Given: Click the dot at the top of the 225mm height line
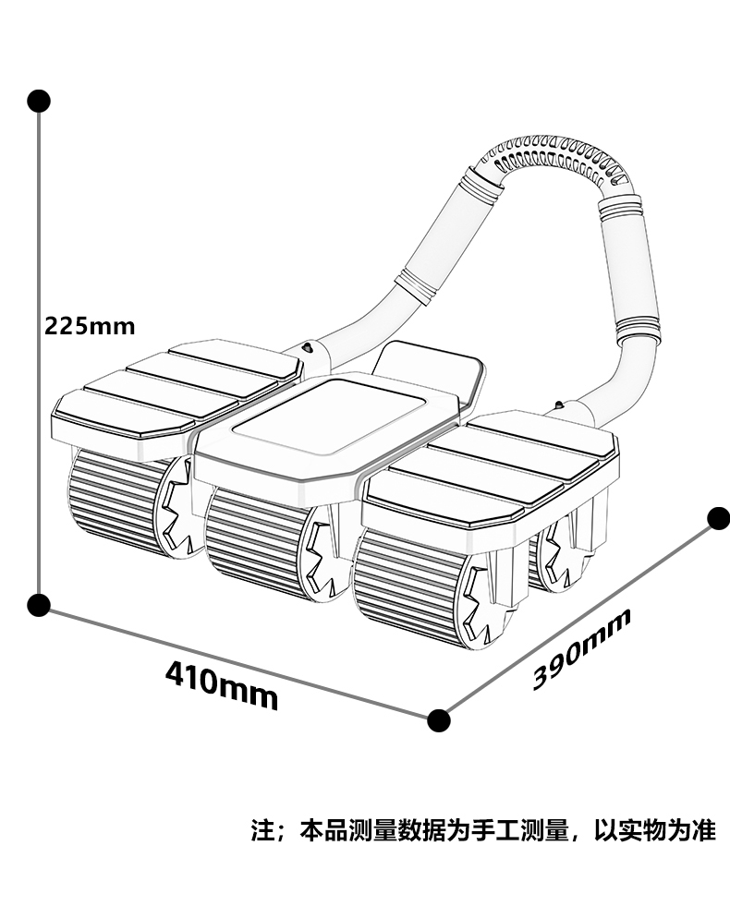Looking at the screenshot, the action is [x=39, y=101].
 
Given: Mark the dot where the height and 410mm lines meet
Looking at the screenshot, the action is [x=39, y=605].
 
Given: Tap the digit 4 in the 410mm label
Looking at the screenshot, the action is [x=176, y=674].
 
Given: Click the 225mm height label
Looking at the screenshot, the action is [x=90, y=325].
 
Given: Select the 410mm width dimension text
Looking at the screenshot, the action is [x=222, y=684].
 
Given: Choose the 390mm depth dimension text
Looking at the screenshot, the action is [x=582, y=648].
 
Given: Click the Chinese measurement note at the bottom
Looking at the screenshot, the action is [x=483, y=830].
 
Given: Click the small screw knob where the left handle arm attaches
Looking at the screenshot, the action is [x=307, y=348].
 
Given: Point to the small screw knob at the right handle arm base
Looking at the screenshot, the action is [x=558, y=405].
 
